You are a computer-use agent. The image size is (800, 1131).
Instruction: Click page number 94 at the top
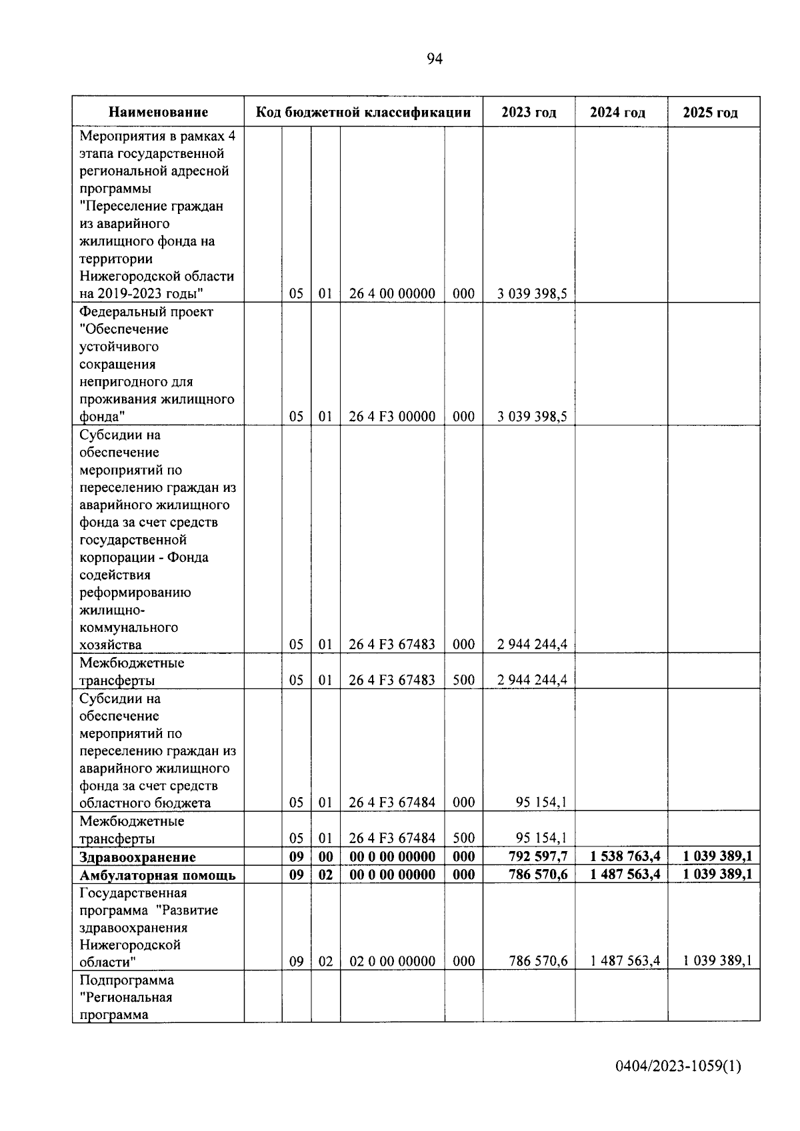click(x=434, y=59)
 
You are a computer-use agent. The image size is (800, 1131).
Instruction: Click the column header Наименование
click(x=158, y=112)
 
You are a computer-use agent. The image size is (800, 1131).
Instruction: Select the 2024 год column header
click(x=617, y=112)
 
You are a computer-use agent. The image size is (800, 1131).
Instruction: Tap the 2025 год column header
click(x=710, y=112)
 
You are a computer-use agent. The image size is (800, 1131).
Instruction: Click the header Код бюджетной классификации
click(x=363, y=112)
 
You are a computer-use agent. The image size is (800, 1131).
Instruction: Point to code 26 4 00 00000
click(x=392, y=294)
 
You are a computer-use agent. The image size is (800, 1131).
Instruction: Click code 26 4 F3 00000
click(x=392, y=417)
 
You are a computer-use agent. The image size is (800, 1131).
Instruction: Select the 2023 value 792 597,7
click(x=537, y=856)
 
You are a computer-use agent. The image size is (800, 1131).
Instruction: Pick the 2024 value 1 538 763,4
click(x=625, y=856)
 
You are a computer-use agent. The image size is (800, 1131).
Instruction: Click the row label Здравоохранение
click(x=138, y=857)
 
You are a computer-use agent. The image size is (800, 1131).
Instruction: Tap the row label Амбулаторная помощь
click(x=157, y=875)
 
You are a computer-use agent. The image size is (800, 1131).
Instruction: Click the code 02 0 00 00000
click(x=392, y=961)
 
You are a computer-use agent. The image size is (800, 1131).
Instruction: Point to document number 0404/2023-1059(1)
click(x=678, y=1066)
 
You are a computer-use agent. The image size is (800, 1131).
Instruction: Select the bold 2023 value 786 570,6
click(x=537, y=874)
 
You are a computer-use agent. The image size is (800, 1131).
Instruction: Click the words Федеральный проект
click(x=146, y=312)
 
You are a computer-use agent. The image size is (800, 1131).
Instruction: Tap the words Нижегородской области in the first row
click(x=157, y=276)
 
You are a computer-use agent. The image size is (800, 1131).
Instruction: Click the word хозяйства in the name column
click(x=110, y=644)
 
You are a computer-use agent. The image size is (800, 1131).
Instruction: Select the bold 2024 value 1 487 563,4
click(x=625, y=874)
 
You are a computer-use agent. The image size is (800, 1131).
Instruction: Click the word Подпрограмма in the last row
click(x=127, y=980)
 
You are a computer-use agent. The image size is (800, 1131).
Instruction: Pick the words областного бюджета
click(x=145, y=803)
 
